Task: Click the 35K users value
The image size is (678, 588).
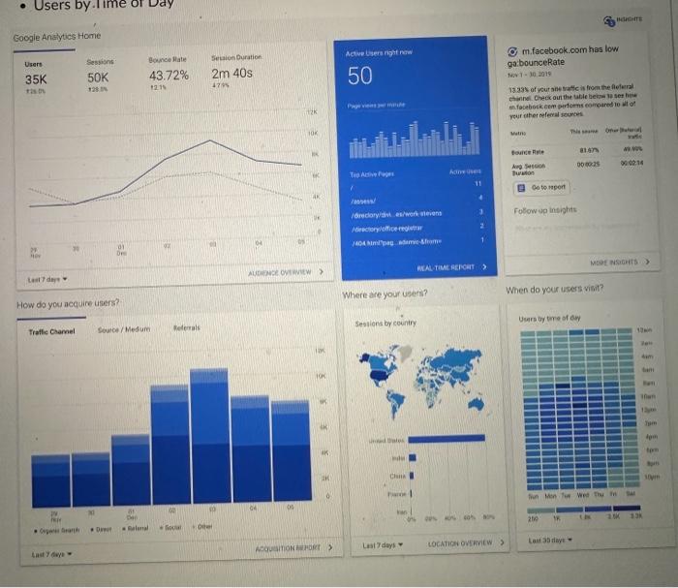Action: pos(36,79)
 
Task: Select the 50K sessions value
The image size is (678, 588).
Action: pos(98,77)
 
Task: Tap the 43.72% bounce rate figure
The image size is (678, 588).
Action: pos(169,76)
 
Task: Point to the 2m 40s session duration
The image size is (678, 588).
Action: pos(232,75)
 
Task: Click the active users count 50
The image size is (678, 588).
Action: pos(360,77)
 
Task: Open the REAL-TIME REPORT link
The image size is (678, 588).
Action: pos(451,266)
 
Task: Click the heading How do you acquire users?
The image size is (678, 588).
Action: pos(68,303)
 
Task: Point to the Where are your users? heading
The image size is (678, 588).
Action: pos(385,294)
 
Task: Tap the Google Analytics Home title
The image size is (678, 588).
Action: pos(56,37)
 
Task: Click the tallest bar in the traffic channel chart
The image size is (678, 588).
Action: pos(208,436)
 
